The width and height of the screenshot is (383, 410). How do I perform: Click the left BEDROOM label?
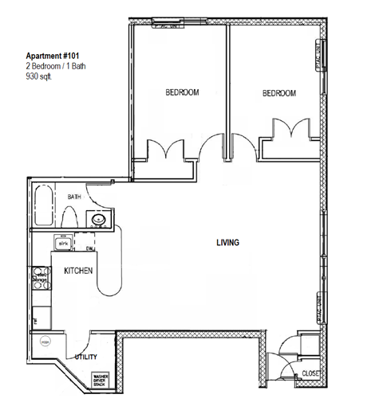[x=182, y=93]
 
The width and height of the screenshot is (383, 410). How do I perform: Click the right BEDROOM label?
[x=279, y=94]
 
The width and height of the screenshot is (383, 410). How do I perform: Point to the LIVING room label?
[x=228, y=243]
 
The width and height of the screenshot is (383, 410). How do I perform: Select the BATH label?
[x=74, y=197]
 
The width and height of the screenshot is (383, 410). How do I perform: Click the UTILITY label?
[x=86, y=357]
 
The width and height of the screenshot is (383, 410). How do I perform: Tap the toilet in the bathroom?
[x=69, y=217]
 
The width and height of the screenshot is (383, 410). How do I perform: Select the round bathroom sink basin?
[x=99, y=220]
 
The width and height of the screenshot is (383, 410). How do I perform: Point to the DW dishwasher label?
[x=91, y=249]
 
